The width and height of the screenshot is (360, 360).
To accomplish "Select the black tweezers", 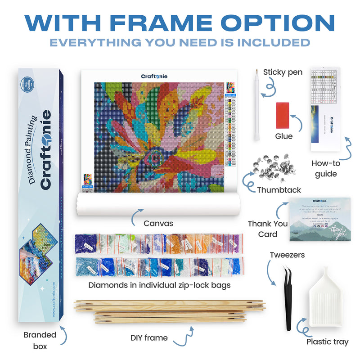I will pos(287,297).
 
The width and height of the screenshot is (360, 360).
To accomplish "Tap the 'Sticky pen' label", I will pos(283,72).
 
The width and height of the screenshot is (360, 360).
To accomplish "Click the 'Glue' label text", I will pos(283,136).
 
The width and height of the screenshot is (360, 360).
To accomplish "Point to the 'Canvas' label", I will pos(158,223).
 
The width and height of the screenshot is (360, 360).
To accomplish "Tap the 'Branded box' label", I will pos(40,340).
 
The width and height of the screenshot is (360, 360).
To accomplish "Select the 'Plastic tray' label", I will pos(327,342).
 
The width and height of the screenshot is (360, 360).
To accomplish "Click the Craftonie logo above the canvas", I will pos(154,76).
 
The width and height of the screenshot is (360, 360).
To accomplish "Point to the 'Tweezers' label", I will pos(287,255).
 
